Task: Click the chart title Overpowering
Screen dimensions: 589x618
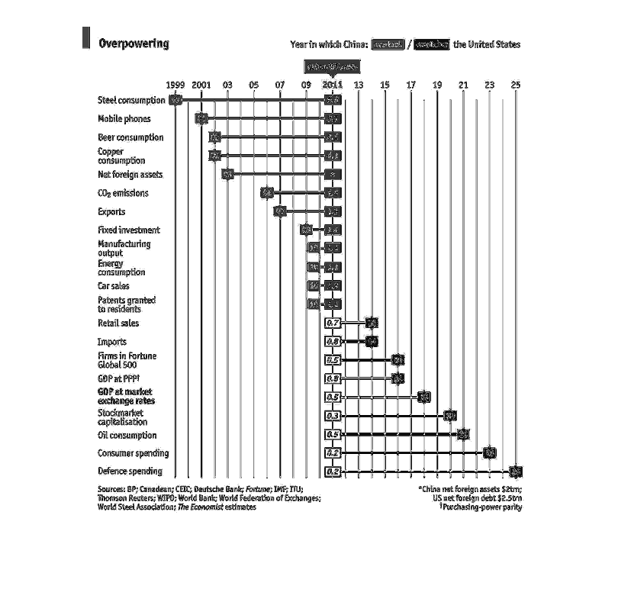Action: pos(134,43)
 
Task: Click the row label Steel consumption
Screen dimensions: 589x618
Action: pos(130,100)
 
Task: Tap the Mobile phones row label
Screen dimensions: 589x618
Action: pos(124,119)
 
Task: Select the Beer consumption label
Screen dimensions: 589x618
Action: pos(130,137)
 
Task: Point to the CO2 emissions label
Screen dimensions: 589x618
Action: pos(123,194)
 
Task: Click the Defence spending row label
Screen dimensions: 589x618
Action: pos(130,472)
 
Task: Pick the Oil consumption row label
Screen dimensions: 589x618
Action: pos(127,436)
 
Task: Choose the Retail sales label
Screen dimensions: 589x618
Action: pos(118,323)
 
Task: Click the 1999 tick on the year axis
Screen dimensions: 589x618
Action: pos(175,85)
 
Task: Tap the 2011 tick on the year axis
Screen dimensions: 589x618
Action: pos(332,85)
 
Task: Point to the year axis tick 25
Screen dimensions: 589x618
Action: pos(515,85)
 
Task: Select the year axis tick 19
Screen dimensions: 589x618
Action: pos(436,85)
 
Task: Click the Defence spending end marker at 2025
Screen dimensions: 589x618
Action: pos(515,472)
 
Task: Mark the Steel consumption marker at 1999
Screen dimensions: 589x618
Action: pos(176,100)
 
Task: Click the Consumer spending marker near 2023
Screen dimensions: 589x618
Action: pos(489,453)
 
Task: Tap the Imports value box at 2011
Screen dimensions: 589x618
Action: pos(333,342)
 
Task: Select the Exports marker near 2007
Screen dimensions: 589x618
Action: pos(280,211)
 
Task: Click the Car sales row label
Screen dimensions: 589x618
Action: pos(113,286)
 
